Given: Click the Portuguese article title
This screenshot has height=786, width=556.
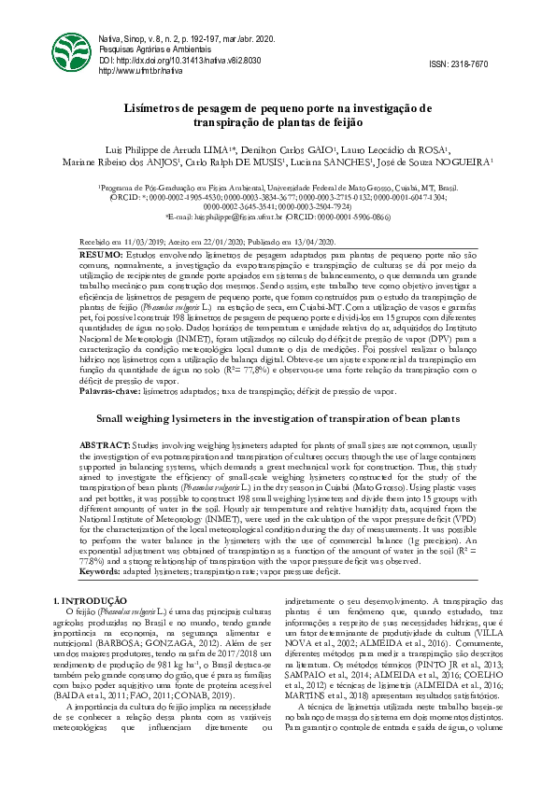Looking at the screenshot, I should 278,115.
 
